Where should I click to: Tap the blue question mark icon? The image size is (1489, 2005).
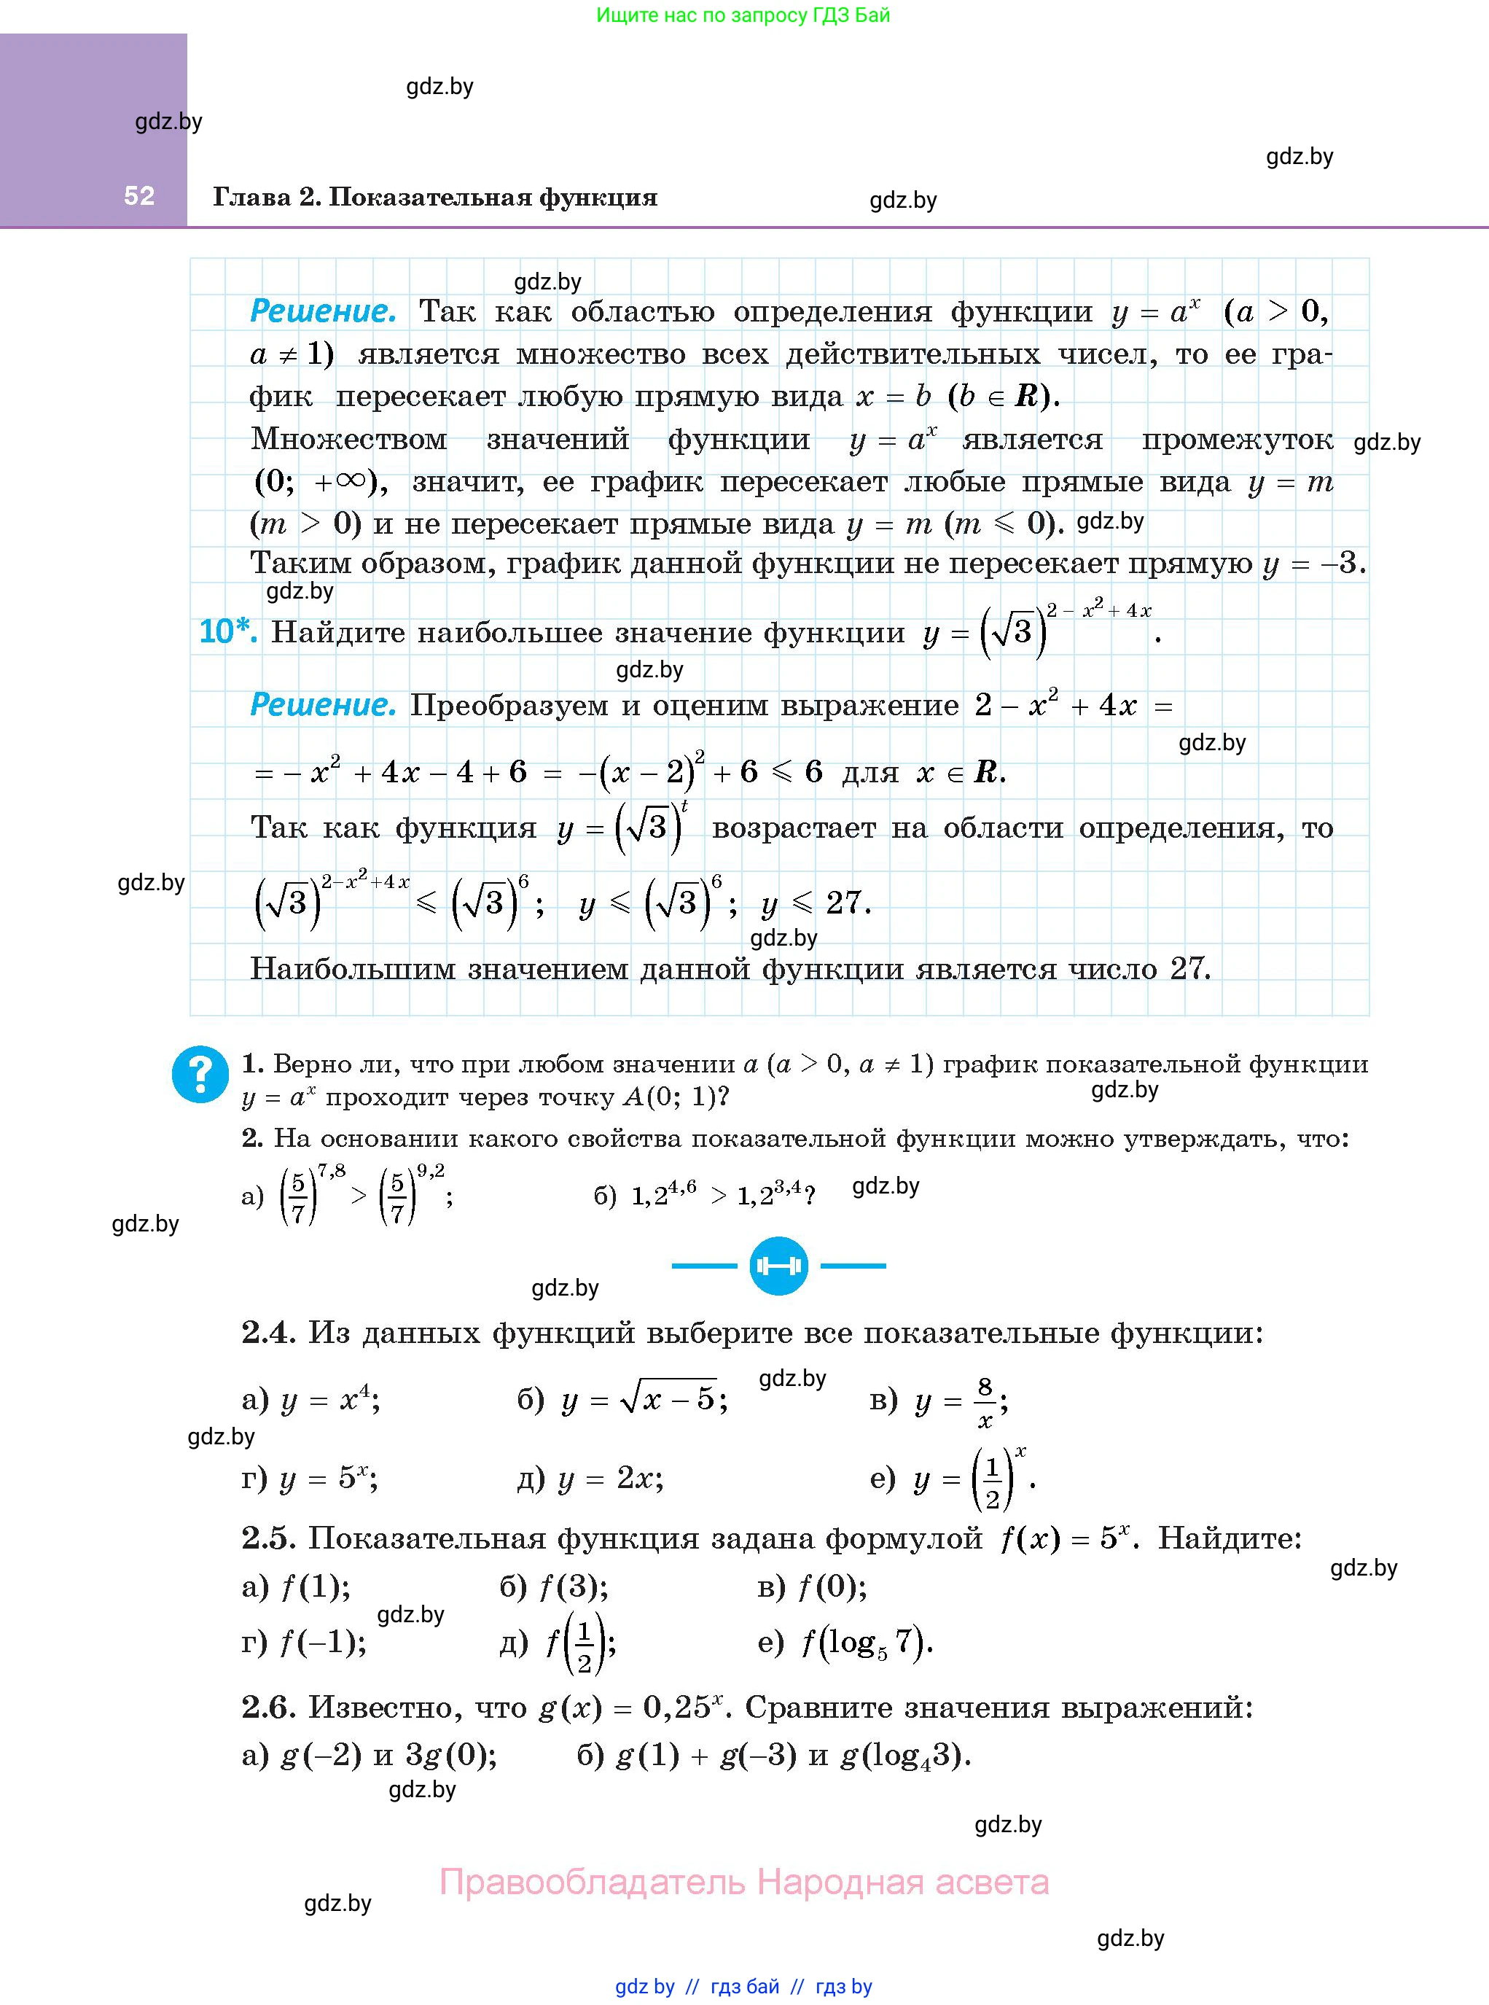[200, 1074]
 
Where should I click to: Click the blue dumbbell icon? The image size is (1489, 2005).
[778, 1266]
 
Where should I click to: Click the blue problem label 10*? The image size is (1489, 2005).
[227, 632]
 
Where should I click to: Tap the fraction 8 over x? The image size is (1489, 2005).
[985, 1402]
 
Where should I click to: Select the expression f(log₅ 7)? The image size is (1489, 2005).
[866, 1643]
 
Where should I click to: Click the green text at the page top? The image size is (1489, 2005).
[743, 15]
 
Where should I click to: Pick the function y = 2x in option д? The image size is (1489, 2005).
[610, 1478]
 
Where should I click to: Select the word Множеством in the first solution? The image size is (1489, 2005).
[349, 439]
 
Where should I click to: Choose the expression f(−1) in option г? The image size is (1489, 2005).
[321, 1643]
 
